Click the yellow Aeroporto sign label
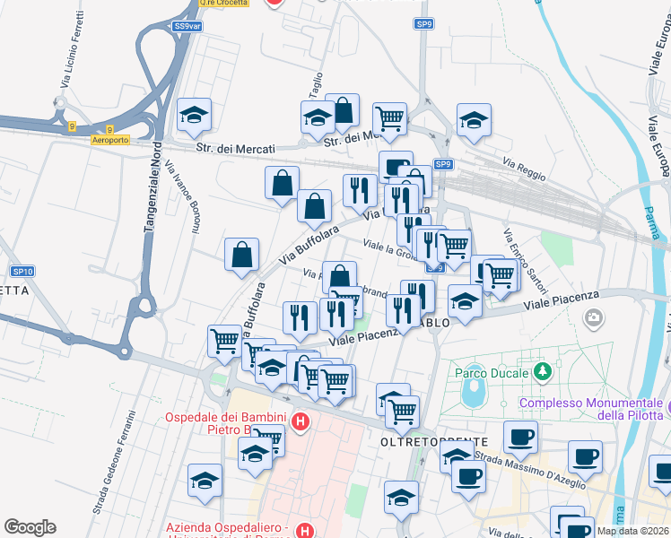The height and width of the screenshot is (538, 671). (x=111, y=140)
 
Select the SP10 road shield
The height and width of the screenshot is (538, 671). (x=22, y=272)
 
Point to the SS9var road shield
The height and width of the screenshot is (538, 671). (x=187, y=27)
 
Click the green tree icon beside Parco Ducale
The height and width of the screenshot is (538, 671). (x=542, y=369)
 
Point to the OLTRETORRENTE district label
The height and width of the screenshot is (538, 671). (x=434, y=442)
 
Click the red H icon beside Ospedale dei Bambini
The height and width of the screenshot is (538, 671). (x=301, y=420)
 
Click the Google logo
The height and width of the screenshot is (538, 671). (x=30, y=527)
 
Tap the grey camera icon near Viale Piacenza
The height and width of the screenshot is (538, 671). (x=593, y=317)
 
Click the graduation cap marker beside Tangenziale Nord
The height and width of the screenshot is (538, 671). (x=194, y=117)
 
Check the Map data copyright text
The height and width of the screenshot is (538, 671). (x=633, y=531)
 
